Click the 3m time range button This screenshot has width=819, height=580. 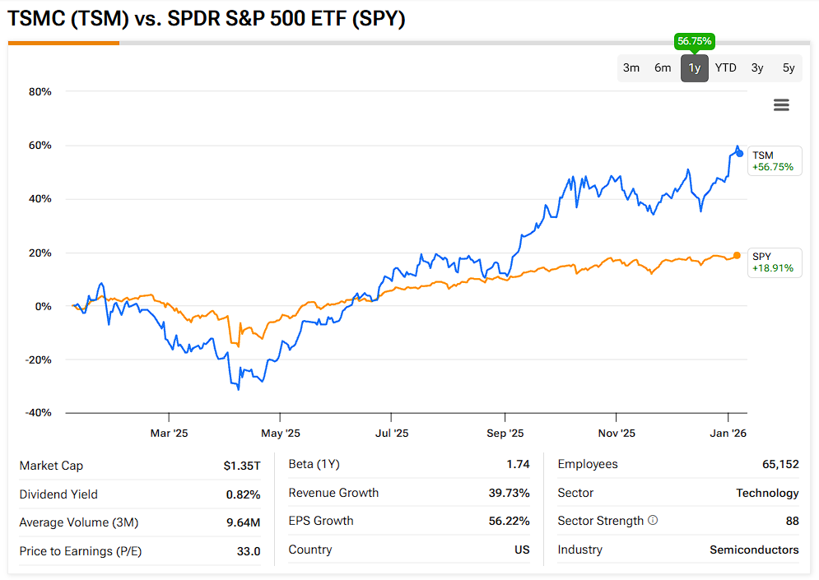(631, 68)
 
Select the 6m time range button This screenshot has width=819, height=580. (663, 68)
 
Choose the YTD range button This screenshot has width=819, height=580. (725, 68)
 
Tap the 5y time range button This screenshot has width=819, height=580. (789, 68)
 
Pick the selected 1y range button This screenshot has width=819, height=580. (695, 68)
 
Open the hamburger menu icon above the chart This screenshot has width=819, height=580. (781, 104)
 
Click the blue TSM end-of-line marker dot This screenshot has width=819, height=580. (739, 154)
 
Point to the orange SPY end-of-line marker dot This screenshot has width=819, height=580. (737, 255)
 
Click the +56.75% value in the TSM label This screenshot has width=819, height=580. (772, 166)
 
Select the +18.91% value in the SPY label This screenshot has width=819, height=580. (772, 268)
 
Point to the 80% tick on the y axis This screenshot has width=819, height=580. (40, 91)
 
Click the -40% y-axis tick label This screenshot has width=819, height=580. (38, 413)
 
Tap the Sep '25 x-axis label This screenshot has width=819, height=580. (505, 433)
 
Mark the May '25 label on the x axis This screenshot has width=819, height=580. (281, 433)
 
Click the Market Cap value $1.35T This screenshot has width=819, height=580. (242, 466)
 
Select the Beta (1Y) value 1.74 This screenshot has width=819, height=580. (518, 464)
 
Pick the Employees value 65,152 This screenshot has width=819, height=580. (780, 464)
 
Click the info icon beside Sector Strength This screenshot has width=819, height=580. (653, 521)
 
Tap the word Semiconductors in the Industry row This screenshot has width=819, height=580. (754, 550)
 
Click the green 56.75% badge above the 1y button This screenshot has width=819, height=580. (695, 40)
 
